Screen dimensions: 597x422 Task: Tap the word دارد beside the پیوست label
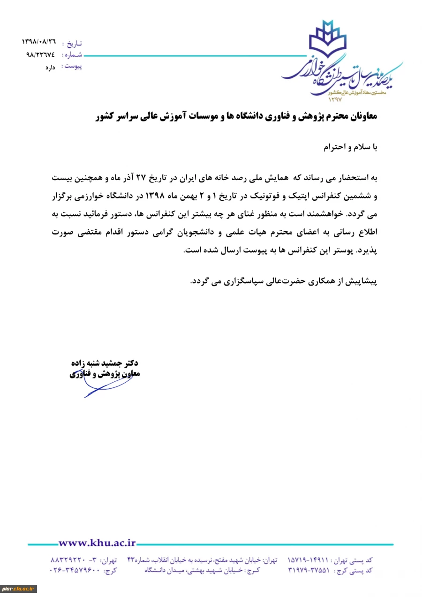tap(50, 68)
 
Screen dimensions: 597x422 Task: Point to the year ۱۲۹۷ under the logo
tap(336, 99)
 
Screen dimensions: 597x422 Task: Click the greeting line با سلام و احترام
tap(350, 147)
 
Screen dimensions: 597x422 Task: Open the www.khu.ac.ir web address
tap(97, 543)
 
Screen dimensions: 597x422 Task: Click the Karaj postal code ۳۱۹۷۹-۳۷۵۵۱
tap(309, 571)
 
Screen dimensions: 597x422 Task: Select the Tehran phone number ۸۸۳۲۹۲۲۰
tap(68, 560)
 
